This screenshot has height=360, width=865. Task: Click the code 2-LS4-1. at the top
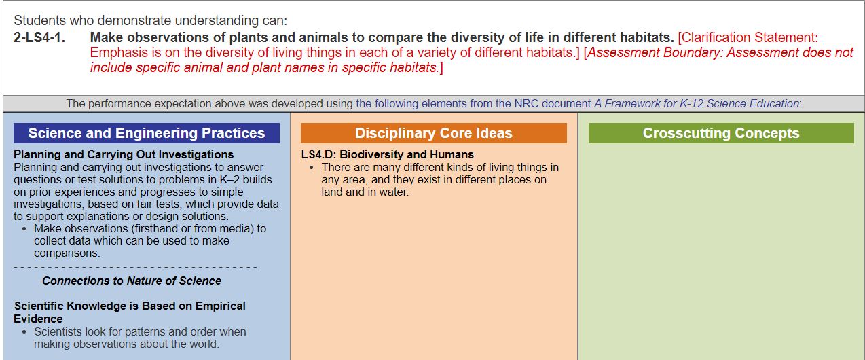(x=39, y=37)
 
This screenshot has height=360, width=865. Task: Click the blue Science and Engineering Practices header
(x=147, y=133)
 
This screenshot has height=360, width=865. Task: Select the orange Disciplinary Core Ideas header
(x=434, y=133)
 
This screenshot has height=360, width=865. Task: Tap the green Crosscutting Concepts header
(x=721, y=133)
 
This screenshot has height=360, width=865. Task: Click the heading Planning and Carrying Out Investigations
(x=124, y=154)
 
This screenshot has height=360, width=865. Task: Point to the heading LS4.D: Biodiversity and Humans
(x=387, y=154)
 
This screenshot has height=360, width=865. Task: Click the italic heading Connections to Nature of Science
(x=132, y=281)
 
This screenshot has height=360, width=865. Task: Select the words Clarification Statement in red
(x=750, y=37)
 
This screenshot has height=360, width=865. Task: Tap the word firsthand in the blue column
(x=155, y=229)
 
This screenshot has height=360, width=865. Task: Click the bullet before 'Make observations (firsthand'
(x=24, y=229)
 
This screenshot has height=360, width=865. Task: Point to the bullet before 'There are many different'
(x=312, y=168)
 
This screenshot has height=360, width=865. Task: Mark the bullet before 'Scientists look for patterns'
(x=24, y=332)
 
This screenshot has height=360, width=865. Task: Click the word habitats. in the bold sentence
(x=647, y=37)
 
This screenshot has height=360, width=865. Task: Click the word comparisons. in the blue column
(x=67, y=253)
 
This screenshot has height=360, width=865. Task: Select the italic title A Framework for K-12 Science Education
(x=697, y=103)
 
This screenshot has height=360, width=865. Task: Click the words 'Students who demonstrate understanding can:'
(x=150, y=20)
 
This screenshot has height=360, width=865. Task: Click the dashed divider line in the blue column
(x=135, y=267)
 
